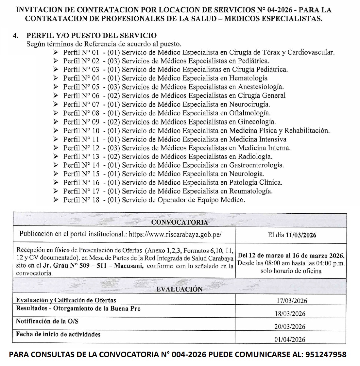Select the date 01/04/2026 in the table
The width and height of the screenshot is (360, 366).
click(290, 339)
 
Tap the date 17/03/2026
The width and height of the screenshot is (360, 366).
click(292, 301)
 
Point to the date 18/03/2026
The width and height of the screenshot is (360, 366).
click(290, 314)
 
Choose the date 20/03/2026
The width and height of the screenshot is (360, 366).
click(290, 326)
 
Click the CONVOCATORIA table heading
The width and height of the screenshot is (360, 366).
click(180, 222)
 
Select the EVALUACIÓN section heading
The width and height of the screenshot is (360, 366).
click(180, 289)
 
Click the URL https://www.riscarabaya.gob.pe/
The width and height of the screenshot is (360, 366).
click(175, 234)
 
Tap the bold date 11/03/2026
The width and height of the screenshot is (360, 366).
click(301, 235)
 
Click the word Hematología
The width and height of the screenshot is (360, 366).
click(248, 78)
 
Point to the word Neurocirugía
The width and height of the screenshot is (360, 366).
click(249, 104)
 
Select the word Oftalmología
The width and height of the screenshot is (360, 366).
click(249, 113)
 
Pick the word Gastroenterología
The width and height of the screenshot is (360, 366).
click(256, 165)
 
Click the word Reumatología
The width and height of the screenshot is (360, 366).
click(250, 191)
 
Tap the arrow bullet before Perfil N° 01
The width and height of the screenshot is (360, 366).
click(56, 52)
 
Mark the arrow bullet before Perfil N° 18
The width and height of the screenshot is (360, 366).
click(56, 200)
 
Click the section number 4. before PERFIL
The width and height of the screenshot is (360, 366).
click(15, 36)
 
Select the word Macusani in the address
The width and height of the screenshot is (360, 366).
click(129, 266)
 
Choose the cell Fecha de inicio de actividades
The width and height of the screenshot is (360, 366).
click(58, 334)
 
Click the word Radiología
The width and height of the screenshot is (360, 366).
click(255, 157)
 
